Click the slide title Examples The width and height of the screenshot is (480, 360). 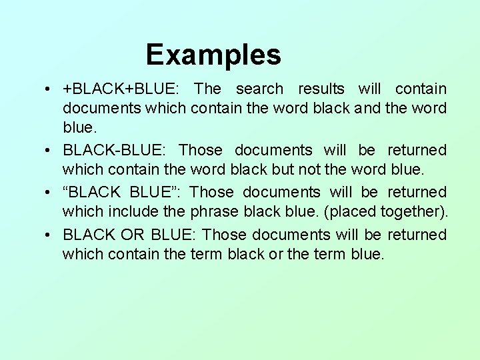point(213,55)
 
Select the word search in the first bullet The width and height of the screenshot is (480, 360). point(259,89)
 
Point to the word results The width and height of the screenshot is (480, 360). point(321,89)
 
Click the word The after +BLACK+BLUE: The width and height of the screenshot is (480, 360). point(207,89)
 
